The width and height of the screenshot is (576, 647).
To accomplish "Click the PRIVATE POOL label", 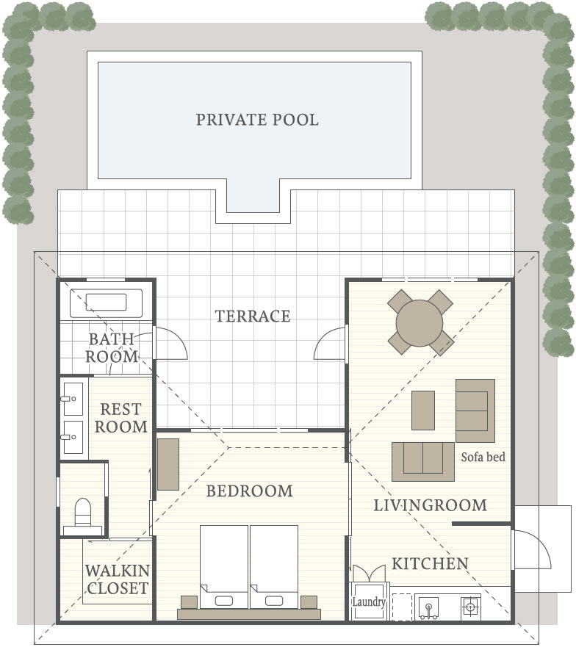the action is click(257, 120).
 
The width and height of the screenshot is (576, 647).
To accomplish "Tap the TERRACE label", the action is click(253, 316).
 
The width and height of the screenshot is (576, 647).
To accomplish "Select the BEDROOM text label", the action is click(249, 491).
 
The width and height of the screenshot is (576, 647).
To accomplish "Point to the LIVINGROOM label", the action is click(431, 505).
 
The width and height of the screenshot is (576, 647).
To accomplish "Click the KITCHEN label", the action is click(431, 564).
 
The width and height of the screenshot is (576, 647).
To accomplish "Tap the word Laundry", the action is click(369, 602).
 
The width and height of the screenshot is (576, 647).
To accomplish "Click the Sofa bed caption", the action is click(483, 457).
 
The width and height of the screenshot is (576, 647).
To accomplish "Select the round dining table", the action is click(420, 323).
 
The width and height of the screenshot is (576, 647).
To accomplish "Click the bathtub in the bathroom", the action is click(106, 303).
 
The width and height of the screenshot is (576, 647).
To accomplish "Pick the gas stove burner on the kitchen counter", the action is click(470, 607).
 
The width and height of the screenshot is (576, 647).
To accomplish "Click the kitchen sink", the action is click(428, 607).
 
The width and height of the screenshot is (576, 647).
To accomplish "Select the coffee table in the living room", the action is click(422, 410).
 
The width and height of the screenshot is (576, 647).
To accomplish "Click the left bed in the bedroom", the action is click(224, 566).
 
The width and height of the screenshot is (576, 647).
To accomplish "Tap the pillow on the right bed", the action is click(274, 601).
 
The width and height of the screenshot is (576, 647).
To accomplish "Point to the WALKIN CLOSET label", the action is click(118, 579).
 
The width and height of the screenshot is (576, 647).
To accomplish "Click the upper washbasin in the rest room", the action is click(73, 399).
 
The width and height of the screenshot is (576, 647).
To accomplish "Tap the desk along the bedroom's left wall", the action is click(168, 465).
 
